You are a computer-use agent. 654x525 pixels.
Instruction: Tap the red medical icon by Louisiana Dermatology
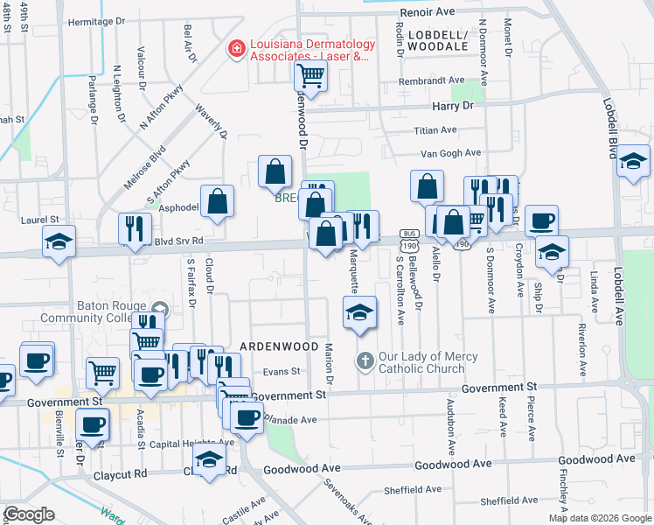[235, 49]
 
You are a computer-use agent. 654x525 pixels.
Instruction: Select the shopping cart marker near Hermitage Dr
[309, 75]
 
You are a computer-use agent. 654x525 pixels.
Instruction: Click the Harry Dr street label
[452, 105]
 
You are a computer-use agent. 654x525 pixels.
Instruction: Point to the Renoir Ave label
[428, 12]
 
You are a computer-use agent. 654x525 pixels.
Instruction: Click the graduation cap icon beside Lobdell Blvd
[633, 162]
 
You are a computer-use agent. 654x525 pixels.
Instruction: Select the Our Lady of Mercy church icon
[365, 360]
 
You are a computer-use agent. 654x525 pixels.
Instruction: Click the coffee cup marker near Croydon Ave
[541, 220]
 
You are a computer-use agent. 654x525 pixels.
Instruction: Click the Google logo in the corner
[29, 514]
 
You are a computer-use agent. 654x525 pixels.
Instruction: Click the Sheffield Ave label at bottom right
[515, 501]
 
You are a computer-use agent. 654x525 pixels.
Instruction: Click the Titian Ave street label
[435, 129]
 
